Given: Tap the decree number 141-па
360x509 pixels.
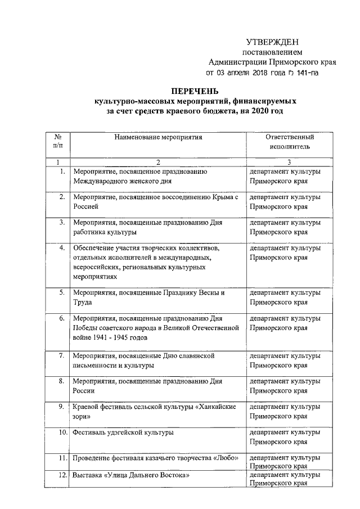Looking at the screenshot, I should [308, 73].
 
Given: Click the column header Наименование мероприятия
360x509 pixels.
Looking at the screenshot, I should [157, 137].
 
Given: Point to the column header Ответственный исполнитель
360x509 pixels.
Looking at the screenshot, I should [289, 141].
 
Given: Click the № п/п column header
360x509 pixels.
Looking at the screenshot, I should [57, 141].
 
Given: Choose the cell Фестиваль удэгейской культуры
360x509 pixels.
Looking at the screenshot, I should [123, 433].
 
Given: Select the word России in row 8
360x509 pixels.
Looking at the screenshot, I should [84, 390].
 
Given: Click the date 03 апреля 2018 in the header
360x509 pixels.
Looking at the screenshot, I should [246, 73].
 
